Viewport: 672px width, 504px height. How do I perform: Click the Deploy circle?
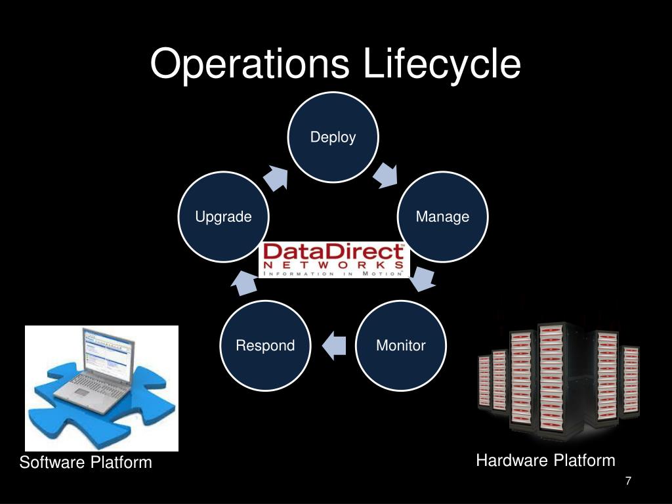coord(333,137)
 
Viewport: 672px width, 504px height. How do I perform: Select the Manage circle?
coord(443,217)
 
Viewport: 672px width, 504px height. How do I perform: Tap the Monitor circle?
coord(401,345)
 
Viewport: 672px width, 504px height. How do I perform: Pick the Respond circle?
coord(265,345)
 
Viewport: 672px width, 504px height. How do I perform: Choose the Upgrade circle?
coord(224,217)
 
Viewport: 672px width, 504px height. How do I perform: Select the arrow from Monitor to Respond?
coord(334,345)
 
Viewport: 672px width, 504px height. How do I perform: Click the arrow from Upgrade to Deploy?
coord(276,177)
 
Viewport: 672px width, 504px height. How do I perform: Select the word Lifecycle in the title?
coord(442,64)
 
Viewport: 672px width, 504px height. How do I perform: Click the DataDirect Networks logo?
coord(334,260)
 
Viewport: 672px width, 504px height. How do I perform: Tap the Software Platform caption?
coord(85,463)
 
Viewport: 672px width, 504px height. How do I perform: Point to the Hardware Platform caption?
coord(545,461)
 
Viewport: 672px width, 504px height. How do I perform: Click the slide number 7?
coord(628,482)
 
